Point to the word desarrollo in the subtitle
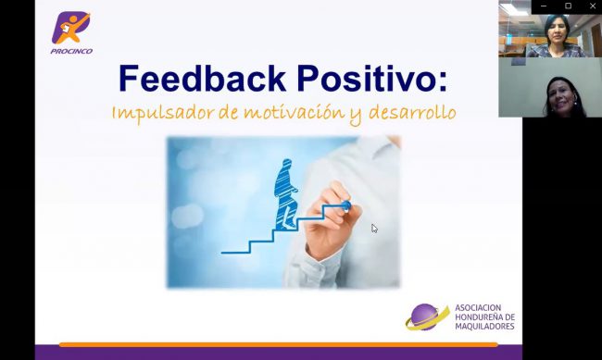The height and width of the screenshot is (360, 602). click(x=411, y=113)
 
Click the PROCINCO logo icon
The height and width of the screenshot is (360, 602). click(x=71, y=28)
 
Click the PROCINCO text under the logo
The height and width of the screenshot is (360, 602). click(x=71, y=52)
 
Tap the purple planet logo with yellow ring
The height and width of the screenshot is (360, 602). click(x=427, y=317)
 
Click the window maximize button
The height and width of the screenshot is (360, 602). click(x=568, y=6)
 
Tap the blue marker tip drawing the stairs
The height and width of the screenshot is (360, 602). click(x=345, y=205)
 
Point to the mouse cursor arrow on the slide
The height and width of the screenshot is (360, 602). click(x=374, y=228)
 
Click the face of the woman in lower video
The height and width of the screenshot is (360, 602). click(x=561, y=91)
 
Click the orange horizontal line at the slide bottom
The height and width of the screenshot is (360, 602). click(x=278, y=344)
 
